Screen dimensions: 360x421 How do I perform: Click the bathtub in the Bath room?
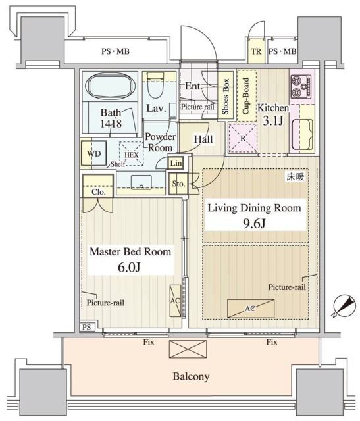click(109, 86)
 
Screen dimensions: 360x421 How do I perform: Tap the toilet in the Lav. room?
click(155, 85)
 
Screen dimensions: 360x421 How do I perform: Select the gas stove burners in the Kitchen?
click(301, 86)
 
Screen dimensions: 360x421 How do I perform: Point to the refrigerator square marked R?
click(243, 138)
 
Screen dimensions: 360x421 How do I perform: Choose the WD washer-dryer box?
click(94, 153)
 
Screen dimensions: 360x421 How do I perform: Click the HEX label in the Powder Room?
click(132, 155)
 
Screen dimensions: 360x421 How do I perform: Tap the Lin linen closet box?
click(176, 162)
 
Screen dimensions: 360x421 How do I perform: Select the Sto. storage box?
click(178, 184)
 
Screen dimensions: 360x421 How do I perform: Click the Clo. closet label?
click(98, 192)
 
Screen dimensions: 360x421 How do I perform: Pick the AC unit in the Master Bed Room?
click(175, 301)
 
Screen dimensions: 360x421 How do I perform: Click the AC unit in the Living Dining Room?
click(251, 309)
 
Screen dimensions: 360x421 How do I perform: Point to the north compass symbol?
click(344, 306)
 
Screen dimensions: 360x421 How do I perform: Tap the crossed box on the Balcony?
click(188, 349)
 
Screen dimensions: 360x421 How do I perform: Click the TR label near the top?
click(256, 51)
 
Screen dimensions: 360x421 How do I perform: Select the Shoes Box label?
click(225, 96)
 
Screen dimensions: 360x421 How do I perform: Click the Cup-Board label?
click(246, 96)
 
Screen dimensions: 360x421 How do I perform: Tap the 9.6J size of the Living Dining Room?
click(254, 223)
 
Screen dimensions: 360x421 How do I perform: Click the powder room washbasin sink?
click(141, 183)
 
